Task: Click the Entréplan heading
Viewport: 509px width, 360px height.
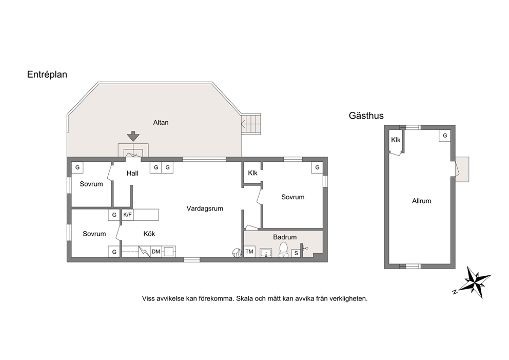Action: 47,75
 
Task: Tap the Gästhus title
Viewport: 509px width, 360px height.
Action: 366,116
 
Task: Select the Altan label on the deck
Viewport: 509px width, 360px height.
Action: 161,123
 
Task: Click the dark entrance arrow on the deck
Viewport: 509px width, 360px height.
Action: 133,136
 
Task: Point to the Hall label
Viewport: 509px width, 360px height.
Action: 132,174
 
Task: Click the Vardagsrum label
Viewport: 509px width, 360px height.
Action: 205,209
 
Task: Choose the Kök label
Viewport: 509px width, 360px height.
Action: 149,234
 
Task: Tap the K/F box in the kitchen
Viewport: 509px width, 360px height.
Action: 128,215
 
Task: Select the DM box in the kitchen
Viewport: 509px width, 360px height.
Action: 156,252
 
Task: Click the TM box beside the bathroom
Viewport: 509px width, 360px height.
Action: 249,252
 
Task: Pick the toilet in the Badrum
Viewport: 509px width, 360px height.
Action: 283,250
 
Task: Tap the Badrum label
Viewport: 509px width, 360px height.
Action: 285,237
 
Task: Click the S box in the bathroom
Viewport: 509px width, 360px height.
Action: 296,253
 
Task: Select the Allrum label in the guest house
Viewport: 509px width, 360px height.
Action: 422,201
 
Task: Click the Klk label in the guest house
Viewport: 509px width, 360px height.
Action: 396,140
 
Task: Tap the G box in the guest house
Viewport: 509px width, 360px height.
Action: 445,136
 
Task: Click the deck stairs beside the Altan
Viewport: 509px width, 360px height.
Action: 251,124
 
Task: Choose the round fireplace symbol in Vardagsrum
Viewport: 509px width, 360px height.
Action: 237,253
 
